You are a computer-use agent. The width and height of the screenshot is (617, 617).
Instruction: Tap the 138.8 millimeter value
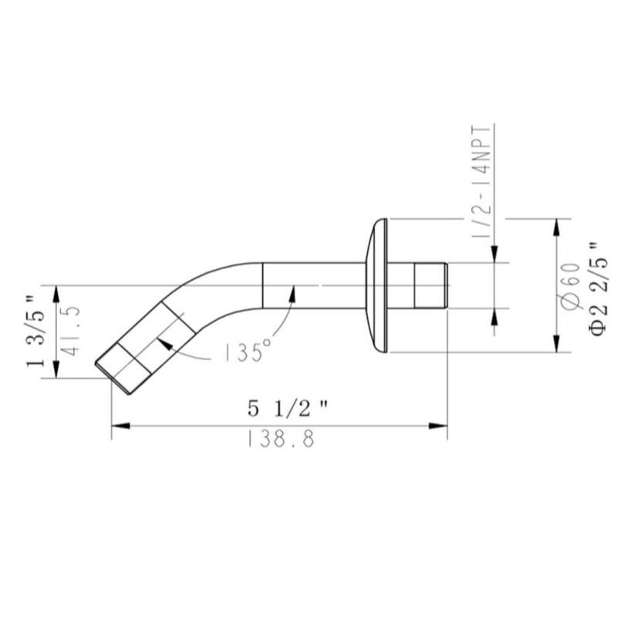[x=281, y=440]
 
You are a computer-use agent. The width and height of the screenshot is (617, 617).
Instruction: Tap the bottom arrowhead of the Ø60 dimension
[x=555, y=346]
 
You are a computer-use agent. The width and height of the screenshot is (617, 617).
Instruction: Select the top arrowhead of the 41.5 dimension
[x=56, y=292]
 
